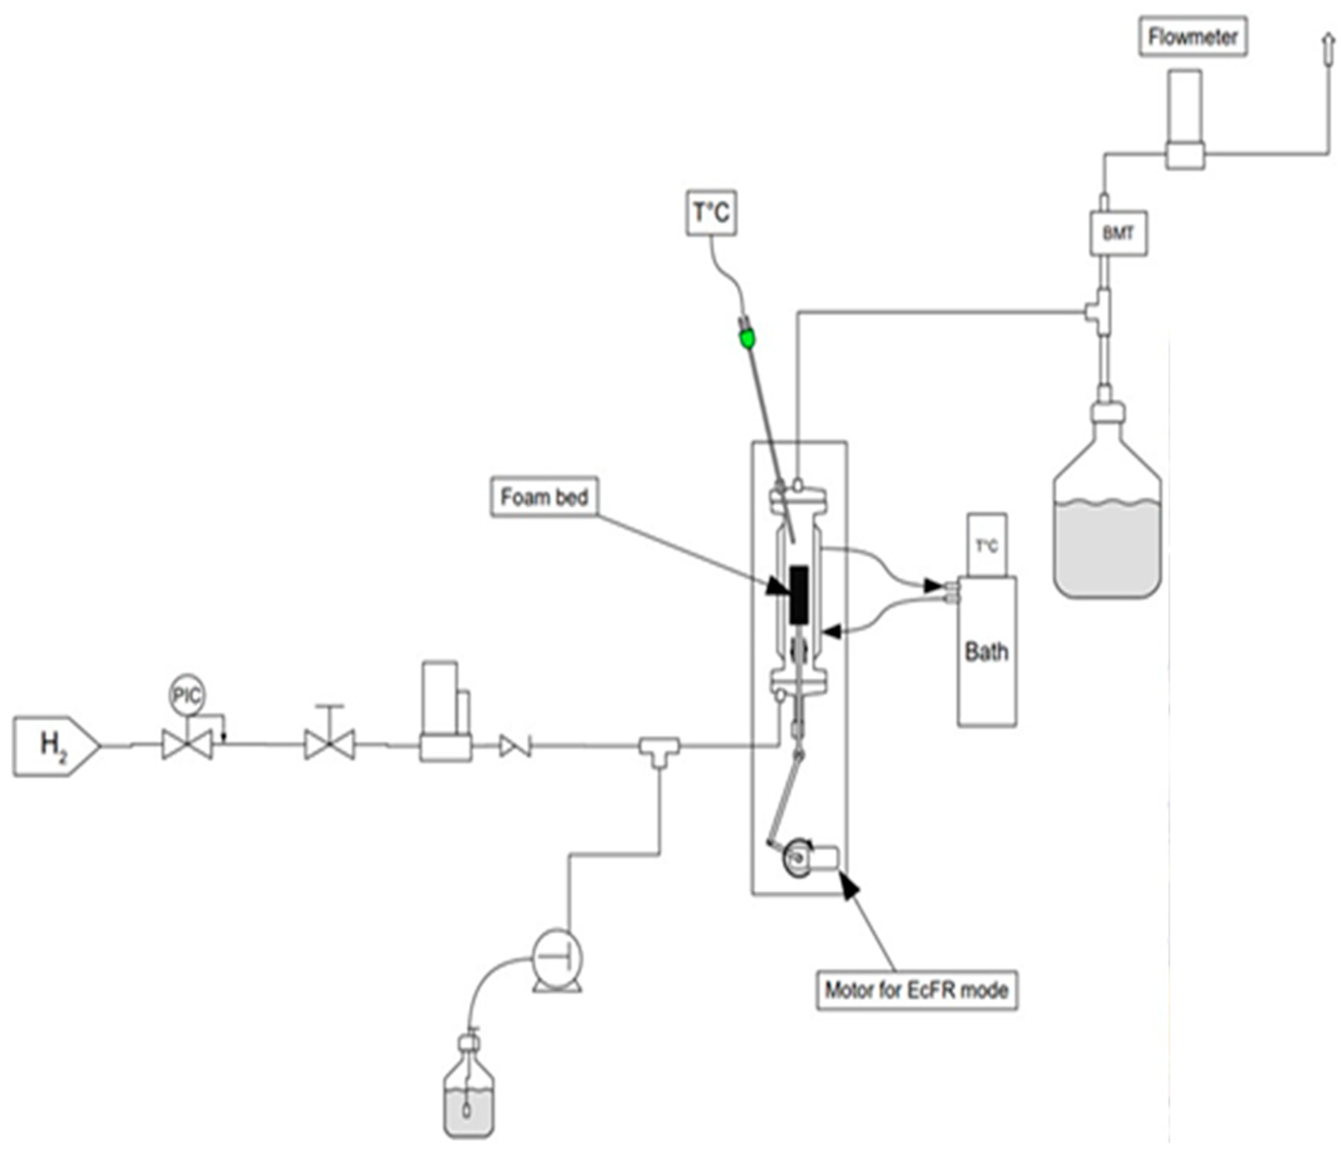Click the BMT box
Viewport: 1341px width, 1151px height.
[x=1118, y=233]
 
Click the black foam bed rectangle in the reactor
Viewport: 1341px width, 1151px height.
[x=799, y=595]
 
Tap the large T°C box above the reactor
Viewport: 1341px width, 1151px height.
[x=711, y=212]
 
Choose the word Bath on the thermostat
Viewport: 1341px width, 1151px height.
[x=986, y=651]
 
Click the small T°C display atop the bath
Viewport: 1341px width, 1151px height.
[x=986, y=546]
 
